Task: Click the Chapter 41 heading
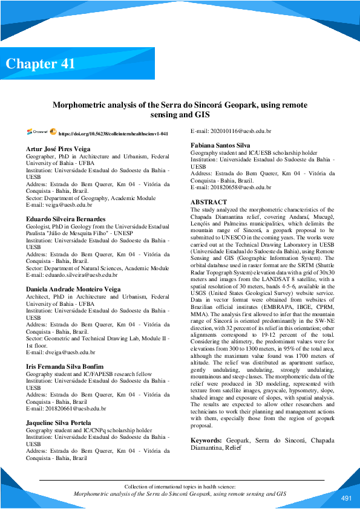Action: pyautogui.click(x=41, y=63)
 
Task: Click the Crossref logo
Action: pyautogui.click(x=37, y=132)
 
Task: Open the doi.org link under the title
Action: pyautogui.click(x=113, y=133)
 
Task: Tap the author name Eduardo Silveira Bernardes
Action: pyautogui.click(x=65, y=219)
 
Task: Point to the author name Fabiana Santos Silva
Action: pyautogui.click(x=220, y=146)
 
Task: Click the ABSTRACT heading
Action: pyautogui.click(x=209, y=202)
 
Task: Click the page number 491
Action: pyautogui.click(x=346, y=498)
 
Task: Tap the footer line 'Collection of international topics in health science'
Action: pyautogui.click(x=180, y=487)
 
